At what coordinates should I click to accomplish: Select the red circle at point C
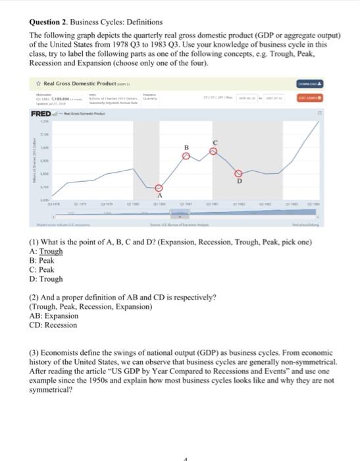click(212, 151)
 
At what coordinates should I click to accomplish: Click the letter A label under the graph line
click(159, 195)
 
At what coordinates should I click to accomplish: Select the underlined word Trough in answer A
click(51, 251)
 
